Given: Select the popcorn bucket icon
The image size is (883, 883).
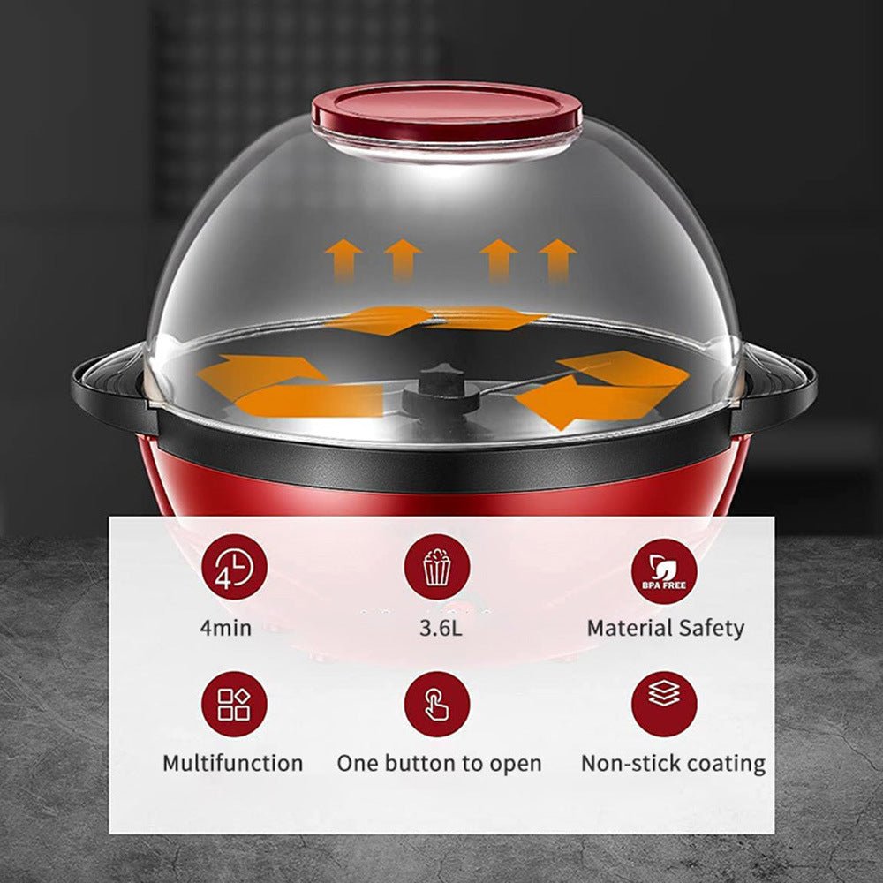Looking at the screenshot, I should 437,568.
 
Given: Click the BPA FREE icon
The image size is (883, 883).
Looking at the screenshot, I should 664,571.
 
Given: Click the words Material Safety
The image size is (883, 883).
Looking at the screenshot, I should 665,629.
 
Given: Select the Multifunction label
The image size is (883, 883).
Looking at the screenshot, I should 232,763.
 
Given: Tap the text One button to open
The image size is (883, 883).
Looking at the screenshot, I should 439,763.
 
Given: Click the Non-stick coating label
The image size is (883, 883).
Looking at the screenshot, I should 673,763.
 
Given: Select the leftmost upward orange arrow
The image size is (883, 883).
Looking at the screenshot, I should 343,259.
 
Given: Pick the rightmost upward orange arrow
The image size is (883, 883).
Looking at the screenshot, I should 557,259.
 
